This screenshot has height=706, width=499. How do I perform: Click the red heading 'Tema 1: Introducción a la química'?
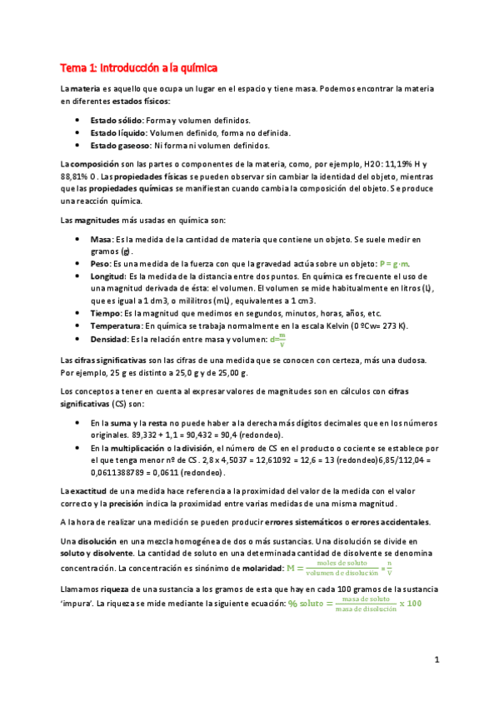tap(138, 67)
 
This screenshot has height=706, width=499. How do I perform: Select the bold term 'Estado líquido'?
tap(118, 133)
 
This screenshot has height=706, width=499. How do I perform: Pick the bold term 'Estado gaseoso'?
tap(119, 145)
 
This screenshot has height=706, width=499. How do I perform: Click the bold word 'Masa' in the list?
tap(101, 240)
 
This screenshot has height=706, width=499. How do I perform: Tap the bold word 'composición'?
tap(97, 163)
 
